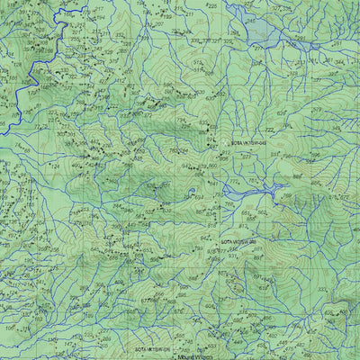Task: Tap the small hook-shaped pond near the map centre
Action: [190, 193]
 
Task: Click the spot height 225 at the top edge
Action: [212, 6]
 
